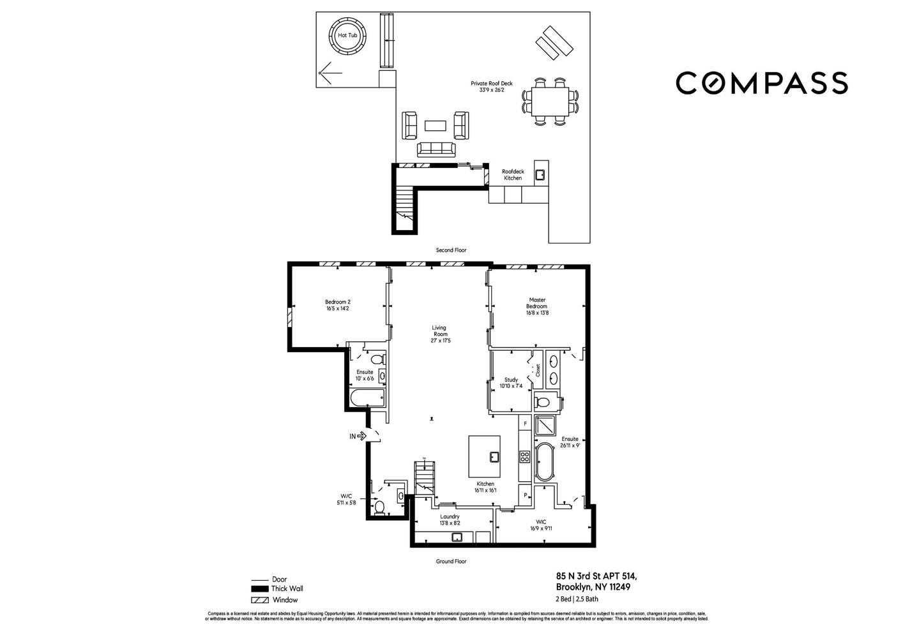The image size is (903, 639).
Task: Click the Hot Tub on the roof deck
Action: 347,36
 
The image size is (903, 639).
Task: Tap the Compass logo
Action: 761,83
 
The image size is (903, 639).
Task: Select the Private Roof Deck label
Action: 492,87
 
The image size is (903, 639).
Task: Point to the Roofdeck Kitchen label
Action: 512,174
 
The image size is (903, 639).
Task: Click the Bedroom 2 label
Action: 337,305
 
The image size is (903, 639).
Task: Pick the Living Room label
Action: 440,334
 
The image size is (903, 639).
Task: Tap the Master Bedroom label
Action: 537,306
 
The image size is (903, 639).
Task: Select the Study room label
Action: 511,383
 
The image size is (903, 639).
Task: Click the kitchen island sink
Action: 494,456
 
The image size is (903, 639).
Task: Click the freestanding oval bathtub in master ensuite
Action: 545,462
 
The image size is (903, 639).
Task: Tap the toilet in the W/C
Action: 379,507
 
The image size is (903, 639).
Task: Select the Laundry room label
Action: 450,520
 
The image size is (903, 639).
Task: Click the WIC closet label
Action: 542,525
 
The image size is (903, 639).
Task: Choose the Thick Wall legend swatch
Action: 259,589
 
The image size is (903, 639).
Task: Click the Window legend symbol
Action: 259,600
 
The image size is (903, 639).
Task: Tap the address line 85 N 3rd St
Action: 596,576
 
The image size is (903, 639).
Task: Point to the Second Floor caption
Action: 451,250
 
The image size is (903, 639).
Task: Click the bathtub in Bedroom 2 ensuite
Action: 367,399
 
